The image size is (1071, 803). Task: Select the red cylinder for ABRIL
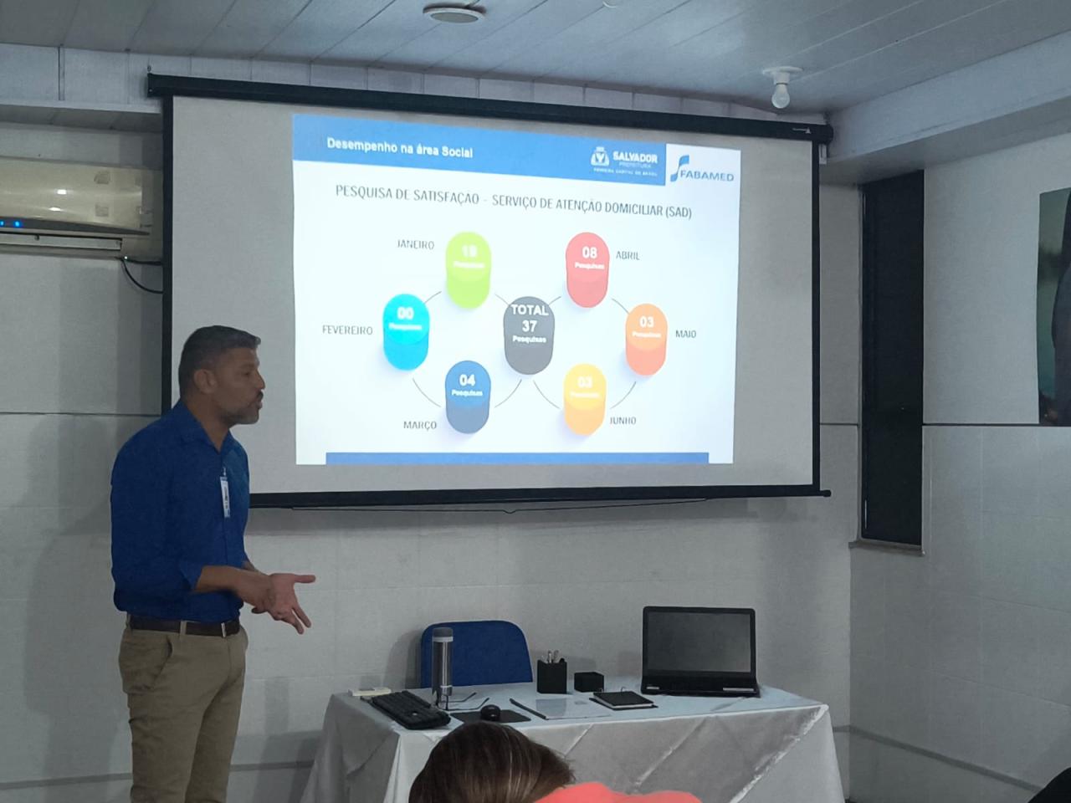point(587,269)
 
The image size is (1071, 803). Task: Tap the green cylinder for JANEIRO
point(468,269)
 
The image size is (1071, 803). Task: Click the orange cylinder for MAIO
point(646,338)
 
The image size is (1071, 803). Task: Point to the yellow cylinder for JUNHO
point(584,398)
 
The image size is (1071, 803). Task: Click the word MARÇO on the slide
point(420,425)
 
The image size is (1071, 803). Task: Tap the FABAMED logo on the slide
point(703,167)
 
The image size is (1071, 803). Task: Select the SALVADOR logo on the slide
point(624,159)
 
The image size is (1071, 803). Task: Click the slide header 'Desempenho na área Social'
point(399,148)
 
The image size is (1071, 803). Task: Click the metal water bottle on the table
point(442,665)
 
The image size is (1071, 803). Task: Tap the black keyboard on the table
point(409,708)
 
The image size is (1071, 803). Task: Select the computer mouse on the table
point(491,712)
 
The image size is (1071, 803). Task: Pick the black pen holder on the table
point(551,675)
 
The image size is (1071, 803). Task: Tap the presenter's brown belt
point(184,626)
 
